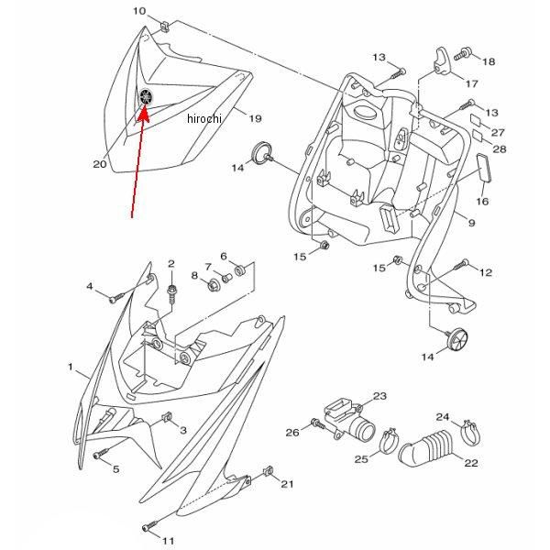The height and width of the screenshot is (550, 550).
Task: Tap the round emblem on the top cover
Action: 148,96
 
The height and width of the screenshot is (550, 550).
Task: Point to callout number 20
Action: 100,165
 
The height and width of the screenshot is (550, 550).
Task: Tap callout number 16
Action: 482,201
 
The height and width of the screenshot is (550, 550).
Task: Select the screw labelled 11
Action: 148,528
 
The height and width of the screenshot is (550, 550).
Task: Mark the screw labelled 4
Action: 115,296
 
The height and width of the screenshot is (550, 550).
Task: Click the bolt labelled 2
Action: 171,290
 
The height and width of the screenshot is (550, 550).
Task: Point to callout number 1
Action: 71,367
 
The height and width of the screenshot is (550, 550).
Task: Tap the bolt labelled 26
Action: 317,424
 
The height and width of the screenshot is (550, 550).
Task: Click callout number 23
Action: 379,396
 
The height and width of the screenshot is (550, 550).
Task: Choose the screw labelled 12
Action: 463,266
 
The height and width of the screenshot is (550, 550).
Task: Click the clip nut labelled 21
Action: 267,473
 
